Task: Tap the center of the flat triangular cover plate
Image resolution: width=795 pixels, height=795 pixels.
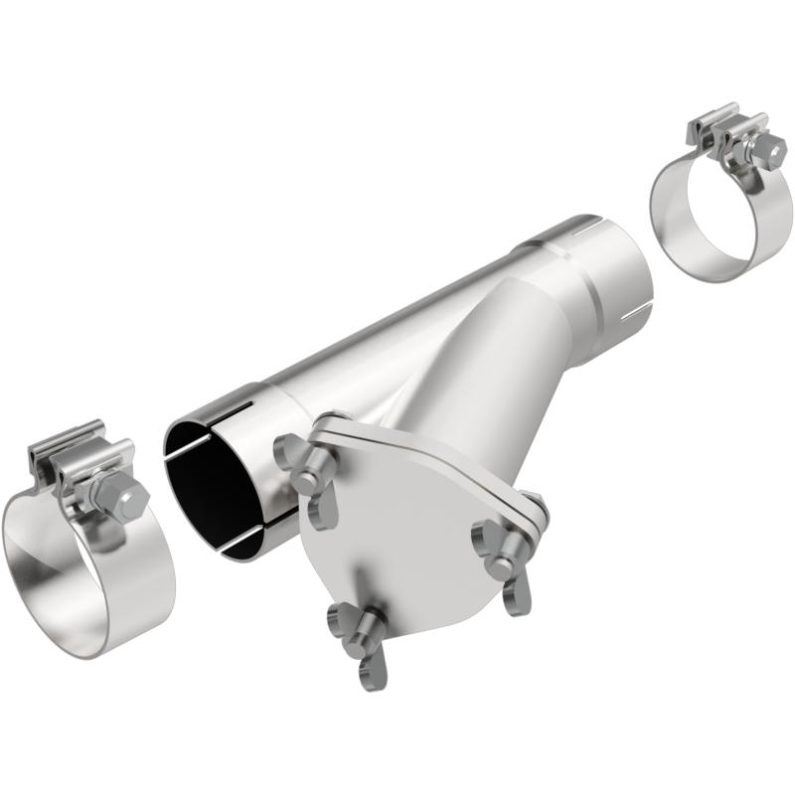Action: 397,537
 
